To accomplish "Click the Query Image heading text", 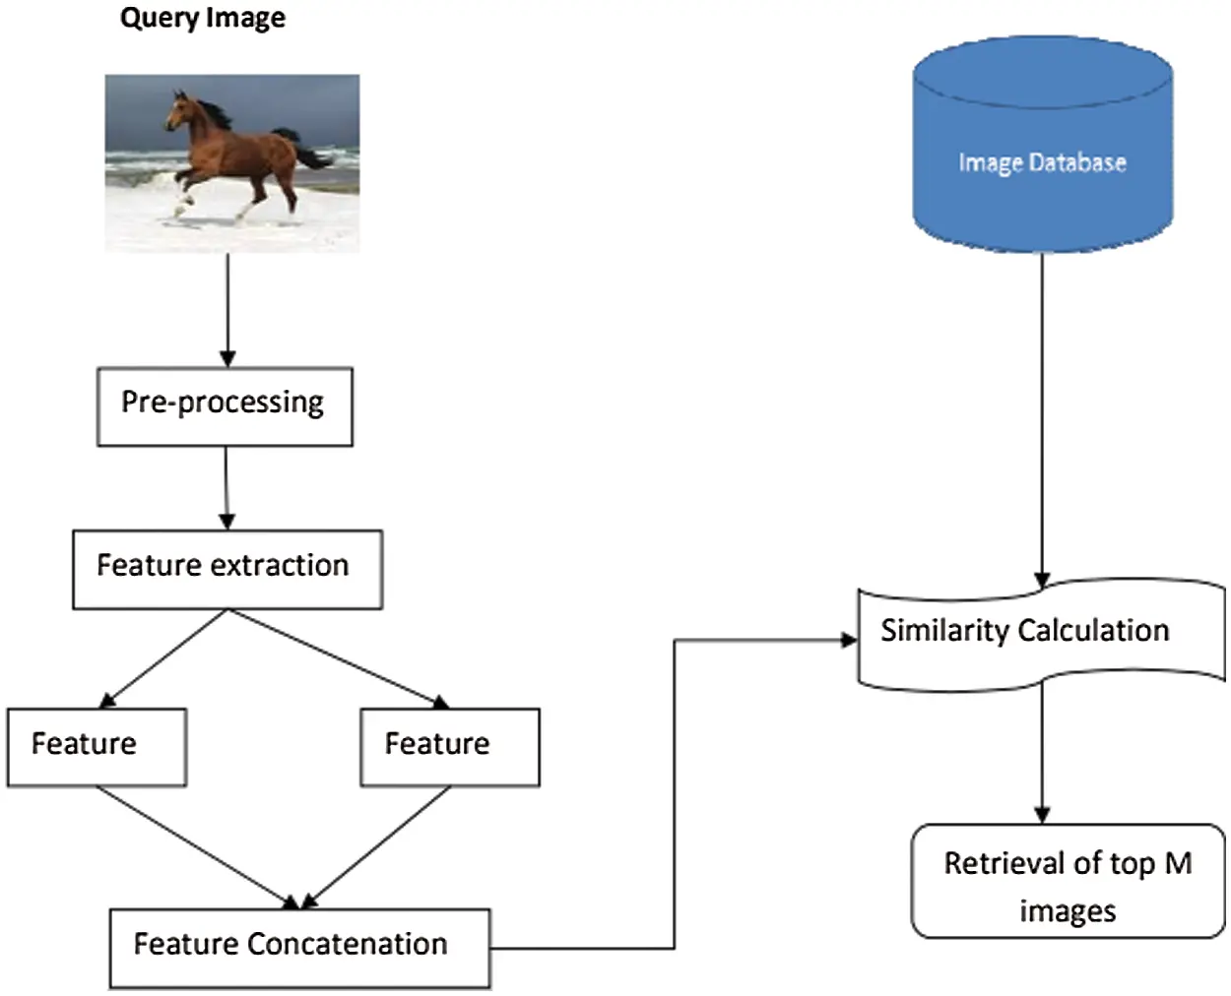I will point(202,19).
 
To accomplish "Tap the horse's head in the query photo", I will point(177,108).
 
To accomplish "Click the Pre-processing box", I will point(225,406).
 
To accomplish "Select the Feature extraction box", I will point(227,569).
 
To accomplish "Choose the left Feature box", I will point(97,746).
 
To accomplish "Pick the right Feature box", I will point(449,746).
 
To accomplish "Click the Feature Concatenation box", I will point(299,947).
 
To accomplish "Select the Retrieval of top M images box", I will point(1068,881).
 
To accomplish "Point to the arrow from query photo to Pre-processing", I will point(227,310).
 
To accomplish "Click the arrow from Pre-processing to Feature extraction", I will point(227,487).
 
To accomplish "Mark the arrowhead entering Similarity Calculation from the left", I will point(848,641).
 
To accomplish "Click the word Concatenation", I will point(347,944).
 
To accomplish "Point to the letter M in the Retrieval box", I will point(1178,863).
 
